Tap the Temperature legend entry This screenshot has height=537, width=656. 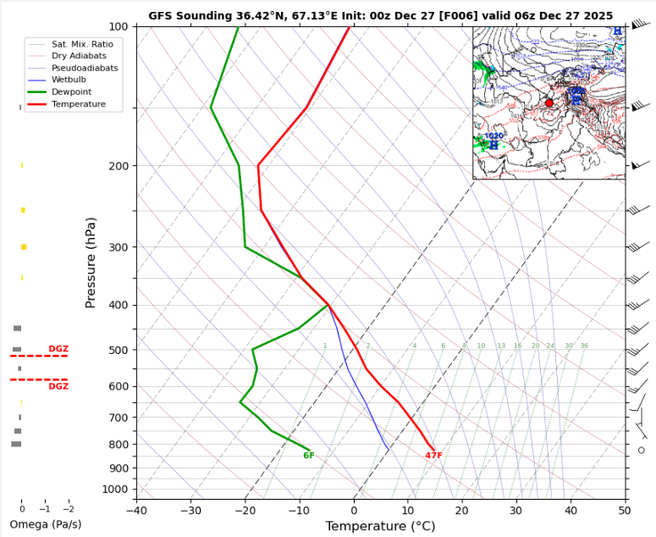click(x=79, y=104)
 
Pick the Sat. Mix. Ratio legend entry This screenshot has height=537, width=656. click(x=82, y=43)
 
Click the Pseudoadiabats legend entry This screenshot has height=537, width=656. click(x=84, y=68)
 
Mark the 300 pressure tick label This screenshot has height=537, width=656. click(x=118, y=247)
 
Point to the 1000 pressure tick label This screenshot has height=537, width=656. click(x=115, y=490)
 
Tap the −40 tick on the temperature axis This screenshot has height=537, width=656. click(x=136, y=509)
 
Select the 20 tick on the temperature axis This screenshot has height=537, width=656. click(x=462, y=509)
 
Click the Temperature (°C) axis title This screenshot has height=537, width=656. click(x=380, y=526)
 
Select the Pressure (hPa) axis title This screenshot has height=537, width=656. click(x=91, y=263)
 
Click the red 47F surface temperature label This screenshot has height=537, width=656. click(x=433, y=456)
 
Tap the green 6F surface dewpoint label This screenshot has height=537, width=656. click(x=309, y=456)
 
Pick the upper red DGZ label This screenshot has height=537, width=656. click(x=58, y=349)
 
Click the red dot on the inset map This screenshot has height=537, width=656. click(x=549, y=102)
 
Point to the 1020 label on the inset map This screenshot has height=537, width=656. click(x=493, y=136)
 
